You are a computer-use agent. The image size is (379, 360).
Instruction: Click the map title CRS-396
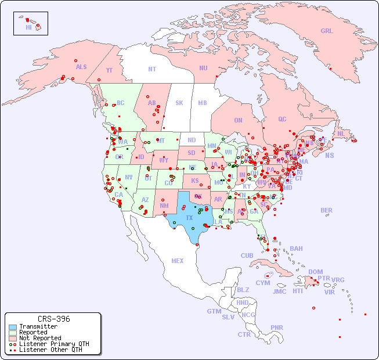click(x=53, y=319)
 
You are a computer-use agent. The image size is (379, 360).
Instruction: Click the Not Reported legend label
click(x=40, y=338)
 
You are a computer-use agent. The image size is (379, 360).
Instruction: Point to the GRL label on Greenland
click(x=327, y=31)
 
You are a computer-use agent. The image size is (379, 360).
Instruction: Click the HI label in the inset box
click(x=28, y=27)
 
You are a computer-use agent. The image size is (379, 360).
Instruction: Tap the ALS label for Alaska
click(x=81, y=67)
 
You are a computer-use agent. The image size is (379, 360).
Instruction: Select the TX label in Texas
click(x=189, y=218)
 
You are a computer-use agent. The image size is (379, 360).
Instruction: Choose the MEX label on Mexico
click(x=178, y=261)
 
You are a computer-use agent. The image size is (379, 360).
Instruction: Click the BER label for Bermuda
click(x=327, y=210)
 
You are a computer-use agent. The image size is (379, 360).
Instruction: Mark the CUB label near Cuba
click(x=247, y=255)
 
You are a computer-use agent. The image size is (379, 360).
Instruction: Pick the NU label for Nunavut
click(x=203, y=68)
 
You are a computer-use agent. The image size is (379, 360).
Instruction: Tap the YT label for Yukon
click(x=109, y=70)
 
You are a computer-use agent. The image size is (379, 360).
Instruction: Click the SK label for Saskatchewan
click(x=179, y=103)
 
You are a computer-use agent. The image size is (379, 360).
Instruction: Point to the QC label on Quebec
click(x=282, y=119)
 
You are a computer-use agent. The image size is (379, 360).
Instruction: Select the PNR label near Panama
click(x=277, y=327)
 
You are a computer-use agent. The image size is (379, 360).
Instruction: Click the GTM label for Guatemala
click(x=214, y=311)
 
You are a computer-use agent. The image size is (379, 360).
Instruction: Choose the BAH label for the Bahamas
click(x=296, y=249)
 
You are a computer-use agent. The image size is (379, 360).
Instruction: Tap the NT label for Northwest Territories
click(x=151, y=69)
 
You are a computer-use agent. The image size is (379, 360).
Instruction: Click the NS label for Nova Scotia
click(x=329, y=156)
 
